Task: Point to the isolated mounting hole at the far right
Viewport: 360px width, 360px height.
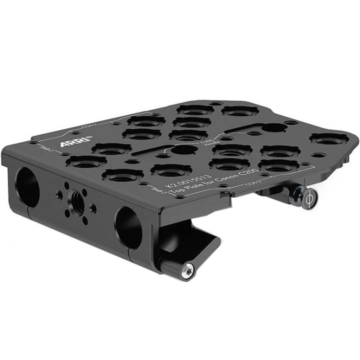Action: coord(328,139)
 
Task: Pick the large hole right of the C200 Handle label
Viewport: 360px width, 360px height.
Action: coord(274,127)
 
